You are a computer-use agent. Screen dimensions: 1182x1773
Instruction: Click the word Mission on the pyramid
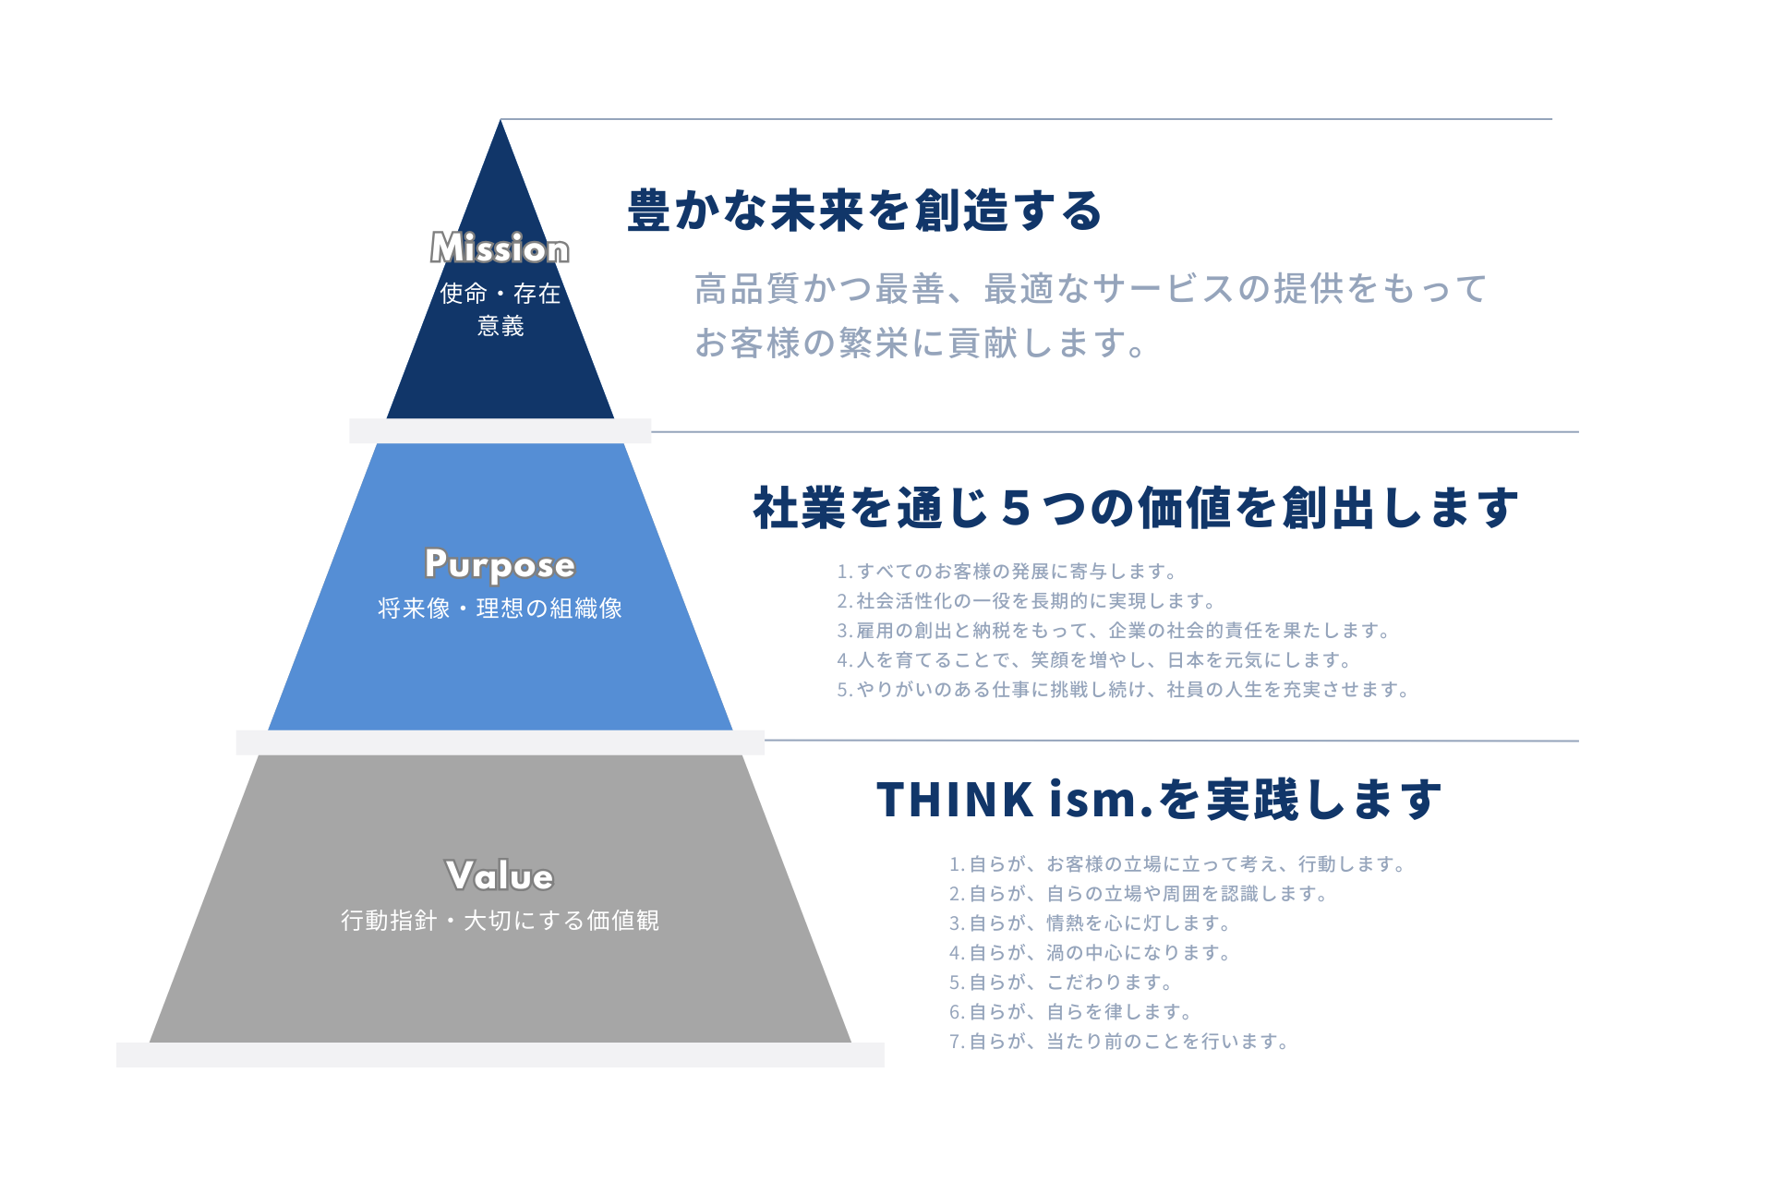coord(500,248)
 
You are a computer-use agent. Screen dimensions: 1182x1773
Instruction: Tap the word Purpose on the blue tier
coord(500,564)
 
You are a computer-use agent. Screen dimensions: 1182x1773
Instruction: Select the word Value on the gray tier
coord(500,875)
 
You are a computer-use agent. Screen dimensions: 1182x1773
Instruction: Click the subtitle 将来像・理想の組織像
coord(500,609)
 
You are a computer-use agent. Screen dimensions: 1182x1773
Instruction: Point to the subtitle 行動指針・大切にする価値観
coord(500,921)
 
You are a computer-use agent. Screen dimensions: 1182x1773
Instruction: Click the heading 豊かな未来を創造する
coord(865,211)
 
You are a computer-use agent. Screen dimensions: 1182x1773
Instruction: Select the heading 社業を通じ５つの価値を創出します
coord(1135,508)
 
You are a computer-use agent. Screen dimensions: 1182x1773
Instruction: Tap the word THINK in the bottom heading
coord(955,800)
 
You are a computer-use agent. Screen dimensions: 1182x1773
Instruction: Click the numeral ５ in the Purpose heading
coord(1015,509)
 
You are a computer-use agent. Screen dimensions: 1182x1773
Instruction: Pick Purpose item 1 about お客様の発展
coord(1007,572)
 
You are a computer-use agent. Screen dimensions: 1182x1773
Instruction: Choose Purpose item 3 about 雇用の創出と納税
coord(1114,631)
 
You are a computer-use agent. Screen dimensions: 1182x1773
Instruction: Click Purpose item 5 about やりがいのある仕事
coord(1123,690)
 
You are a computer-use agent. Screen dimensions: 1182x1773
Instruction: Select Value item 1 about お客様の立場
coord(1177,864)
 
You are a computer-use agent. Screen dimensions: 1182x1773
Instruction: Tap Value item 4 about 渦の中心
coord(1090,953)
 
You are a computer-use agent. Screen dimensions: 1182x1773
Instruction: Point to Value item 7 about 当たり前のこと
coord(1119,1042)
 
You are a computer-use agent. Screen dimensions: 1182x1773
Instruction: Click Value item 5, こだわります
coord(1061,983)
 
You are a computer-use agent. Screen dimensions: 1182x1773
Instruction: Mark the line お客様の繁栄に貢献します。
coord(921,343)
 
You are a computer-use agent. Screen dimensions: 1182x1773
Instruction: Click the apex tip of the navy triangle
coord(501,123)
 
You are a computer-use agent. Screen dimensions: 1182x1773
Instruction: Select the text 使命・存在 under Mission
coord(500,294)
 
